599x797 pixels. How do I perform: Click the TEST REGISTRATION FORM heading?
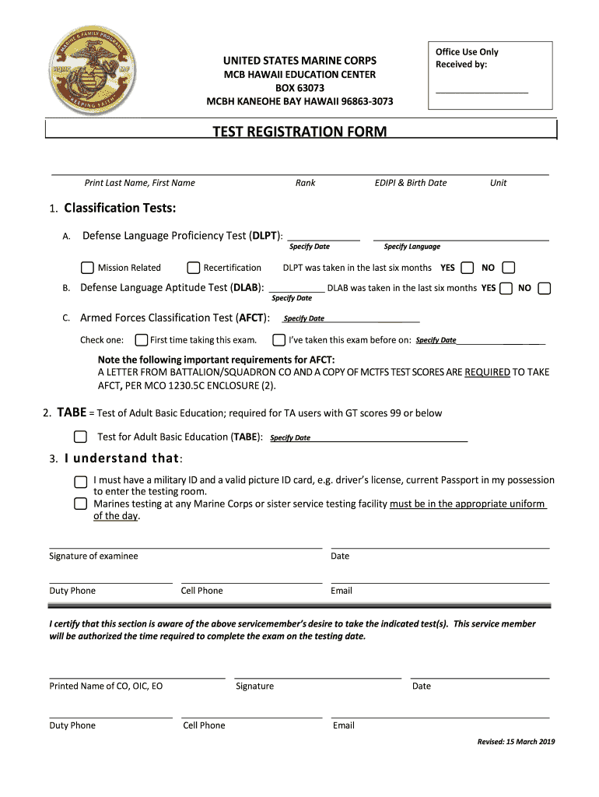(299, 132)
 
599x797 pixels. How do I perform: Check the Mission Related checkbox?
(87, 268)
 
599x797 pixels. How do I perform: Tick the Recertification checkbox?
(194, 268)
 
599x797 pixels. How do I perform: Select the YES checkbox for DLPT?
(467, 268)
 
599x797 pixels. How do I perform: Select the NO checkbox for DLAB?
(545, 288)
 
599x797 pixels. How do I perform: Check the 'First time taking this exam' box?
(141, 340)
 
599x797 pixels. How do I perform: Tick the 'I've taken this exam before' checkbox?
(278, 340)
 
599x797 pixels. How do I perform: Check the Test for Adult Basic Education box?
(80, 437)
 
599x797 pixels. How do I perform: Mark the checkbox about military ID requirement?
(80, 481)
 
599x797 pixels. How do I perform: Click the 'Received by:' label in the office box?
(461, 65)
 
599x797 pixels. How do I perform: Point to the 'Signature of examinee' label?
(93, 556)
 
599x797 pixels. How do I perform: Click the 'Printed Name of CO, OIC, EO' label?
(106, 686)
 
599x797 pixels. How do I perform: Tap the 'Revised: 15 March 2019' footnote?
(516, 742)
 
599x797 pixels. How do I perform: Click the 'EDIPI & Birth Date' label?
(411, 183)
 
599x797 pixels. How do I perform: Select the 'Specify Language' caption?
(412, 247)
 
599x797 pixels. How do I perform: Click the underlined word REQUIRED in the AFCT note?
(487, 372)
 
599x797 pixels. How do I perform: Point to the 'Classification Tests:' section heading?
(120, 209)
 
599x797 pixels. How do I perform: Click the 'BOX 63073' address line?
(299, 88)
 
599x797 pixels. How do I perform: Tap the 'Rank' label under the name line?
(305, 183)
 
